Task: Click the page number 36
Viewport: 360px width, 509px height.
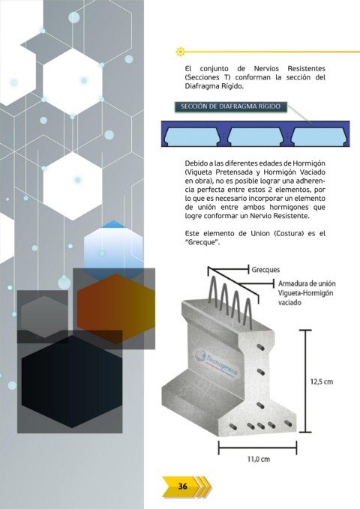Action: (x=182, y=486)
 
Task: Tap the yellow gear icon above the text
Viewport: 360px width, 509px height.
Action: (x=180, y=51)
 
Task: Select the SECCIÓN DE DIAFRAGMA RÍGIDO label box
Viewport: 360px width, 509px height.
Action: (x=231, y=106)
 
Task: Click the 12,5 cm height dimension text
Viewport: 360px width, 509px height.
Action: (x=322, y=382)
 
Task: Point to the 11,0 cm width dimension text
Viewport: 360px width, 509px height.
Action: (x=259, y=459)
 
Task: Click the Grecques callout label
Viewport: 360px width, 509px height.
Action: (x=265, y=270)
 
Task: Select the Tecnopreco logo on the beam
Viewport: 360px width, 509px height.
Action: (x=216, y=363)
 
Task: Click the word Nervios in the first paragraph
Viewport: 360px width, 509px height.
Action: (x=266, y=68)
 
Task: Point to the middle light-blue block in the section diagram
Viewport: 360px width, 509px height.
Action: (x=255, y=136)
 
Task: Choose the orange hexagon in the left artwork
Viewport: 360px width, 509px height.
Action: (x=116, y=308)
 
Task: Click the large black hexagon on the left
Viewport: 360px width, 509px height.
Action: (x=72, y=382)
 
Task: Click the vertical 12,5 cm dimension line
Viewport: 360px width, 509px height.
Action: (x=305, y=381)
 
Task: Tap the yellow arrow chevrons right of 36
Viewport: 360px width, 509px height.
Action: (x=204, y=487)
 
